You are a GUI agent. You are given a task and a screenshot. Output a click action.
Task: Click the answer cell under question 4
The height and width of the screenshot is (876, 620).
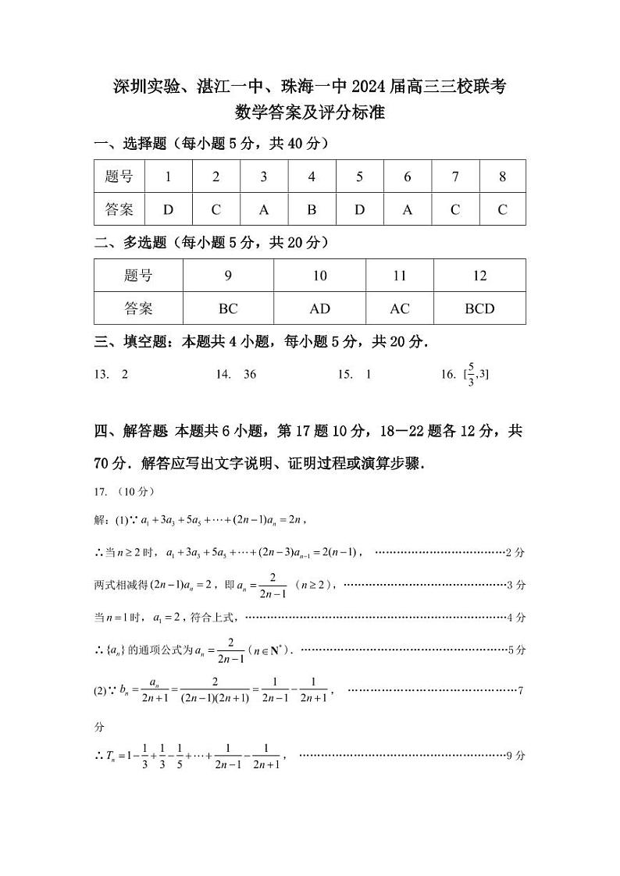[x=312, y=209]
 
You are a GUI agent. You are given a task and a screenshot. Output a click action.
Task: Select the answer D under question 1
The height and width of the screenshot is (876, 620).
[x=168, y=209]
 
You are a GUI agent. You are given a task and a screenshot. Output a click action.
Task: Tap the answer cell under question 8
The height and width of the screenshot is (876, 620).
[x=502, y=209]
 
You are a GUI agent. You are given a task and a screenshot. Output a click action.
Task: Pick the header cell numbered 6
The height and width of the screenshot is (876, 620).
[x=407, y=176]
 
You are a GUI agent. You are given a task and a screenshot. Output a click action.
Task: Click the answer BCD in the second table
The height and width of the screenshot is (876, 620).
[x=479, y=308]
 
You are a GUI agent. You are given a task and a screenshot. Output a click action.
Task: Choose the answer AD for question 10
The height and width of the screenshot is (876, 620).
[x=319, y=308]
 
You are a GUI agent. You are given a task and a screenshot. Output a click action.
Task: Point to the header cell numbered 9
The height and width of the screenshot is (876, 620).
[x=228, y=276]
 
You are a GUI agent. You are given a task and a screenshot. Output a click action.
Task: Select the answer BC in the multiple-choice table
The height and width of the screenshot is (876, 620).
[x=228, y=308]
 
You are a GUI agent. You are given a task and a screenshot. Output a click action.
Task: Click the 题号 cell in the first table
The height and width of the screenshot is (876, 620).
[x=119, y=176]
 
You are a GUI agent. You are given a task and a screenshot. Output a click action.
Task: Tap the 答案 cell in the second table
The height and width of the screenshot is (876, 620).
[x=138, y=308]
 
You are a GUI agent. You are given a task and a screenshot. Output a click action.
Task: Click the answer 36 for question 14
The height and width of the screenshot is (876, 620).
[x=250, y=375]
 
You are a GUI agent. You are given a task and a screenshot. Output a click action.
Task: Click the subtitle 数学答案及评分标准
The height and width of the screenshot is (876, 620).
[x=310, y=112]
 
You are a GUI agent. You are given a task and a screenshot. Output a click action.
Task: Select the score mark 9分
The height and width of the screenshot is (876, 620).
[x=516, y=756]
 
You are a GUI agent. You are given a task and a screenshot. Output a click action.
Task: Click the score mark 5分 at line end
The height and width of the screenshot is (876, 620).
[x=516, y=650]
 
